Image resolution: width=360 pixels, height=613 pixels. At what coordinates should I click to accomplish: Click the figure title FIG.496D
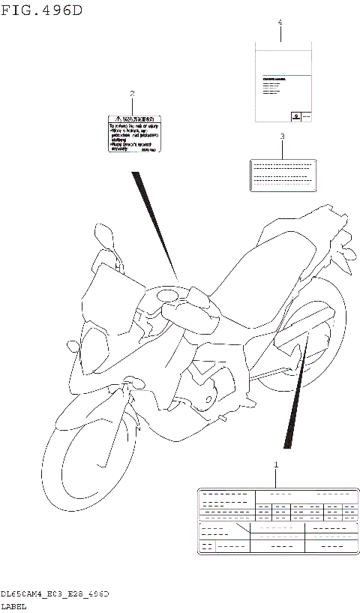(42, 11)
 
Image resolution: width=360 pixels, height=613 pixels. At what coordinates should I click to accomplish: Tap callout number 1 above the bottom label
(275, 465)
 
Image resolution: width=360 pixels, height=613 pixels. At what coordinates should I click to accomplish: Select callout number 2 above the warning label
(132, 94)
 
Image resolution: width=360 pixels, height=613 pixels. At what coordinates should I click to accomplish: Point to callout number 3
(282, 137)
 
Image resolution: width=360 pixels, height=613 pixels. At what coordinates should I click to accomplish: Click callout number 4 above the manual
(280, 23)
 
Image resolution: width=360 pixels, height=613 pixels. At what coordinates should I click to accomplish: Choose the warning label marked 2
(133, 134)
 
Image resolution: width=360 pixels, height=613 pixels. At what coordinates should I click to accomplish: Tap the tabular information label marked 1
(277, 521)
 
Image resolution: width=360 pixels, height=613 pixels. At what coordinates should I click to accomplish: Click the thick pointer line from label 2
(155, 225)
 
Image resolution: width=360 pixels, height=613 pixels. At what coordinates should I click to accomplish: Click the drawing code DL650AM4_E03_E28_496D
(55, 593)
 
